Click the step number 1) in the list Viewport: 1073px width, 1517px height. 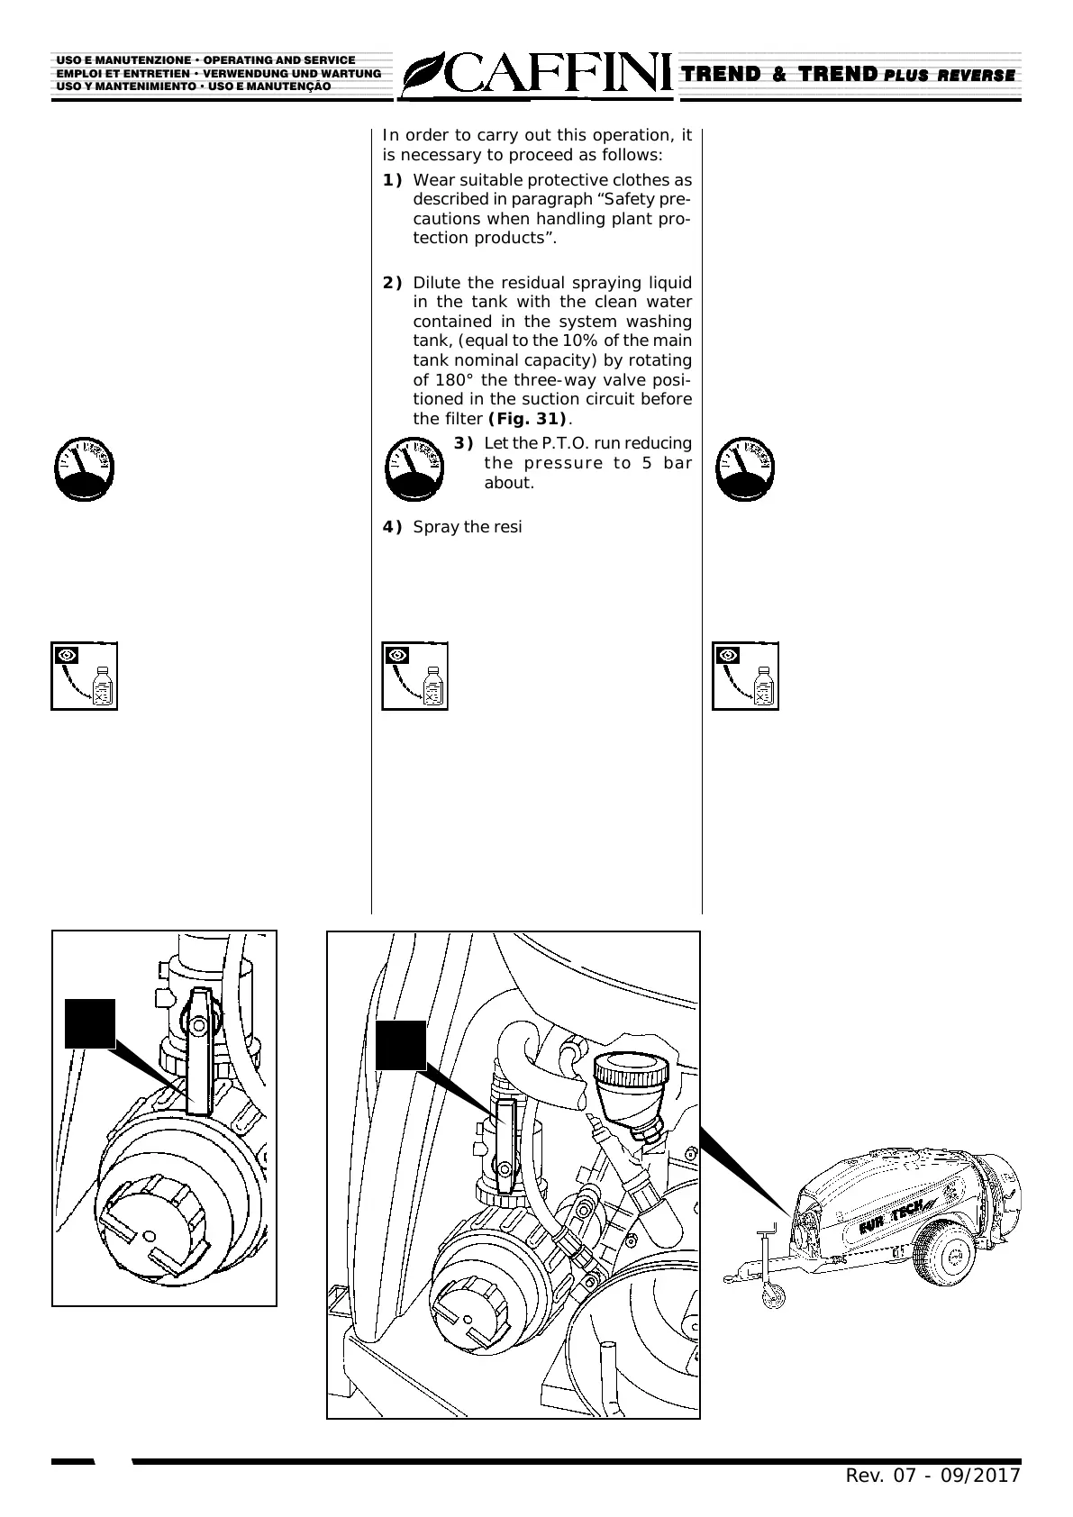point(392,180)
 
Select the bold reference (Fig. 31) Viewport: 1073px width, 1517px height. point(527,419)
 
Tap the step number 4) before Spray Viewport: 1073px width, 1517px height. point(392,527)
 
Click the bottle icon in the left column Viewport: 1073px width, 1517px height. point(85,677)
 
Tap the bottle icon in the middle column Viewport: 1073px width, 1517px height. point(415,677)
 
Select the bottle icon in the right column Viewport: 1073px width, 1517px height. point(746,677)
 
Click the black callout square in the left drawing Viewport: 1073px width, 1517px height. point(90,1023)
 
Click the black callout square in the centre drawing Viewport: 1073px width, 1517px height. point(400,1045)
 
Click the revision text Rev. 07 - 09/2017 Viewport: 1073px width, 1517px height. point(932,1476)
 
